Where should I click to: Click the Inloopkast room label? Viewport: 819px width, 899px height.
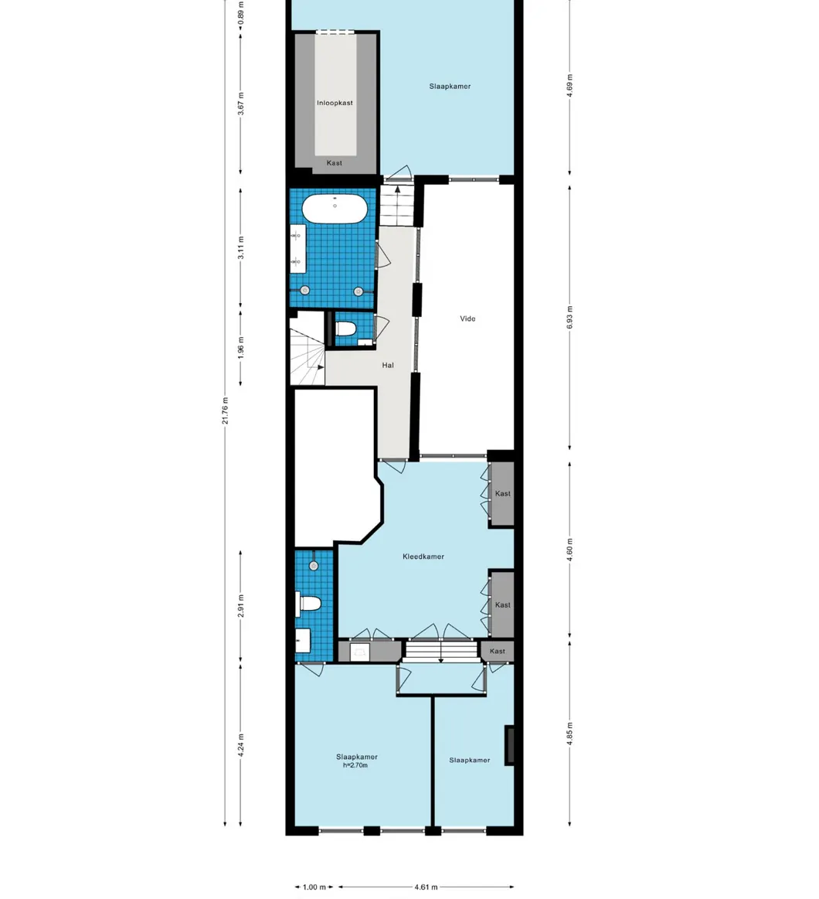tap(335, 103)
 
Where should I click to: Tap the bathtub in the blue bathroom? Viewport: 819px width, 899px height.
tap(335, 209)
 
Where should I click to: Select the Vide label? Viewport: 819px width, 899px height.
tap(467, 318)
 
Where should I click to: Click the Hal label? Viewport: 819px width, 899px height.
tap(388, 366)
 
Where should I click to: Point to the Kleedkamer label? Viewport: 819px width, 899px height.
tap(423, 557)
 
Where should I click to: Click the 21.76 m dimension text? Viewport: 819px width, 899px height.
tap(225, 410)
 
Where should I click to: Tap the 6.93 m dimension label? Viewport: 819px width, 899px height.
tap(570, 318)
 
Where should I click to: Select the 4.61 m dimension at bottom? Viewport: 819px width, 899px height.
tap(426, 887)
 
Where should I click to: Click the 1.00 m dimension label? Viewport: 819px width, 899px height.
tap(314, 887)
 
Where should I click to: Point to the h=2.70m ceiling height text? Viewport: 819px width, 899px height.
tap(356, 766)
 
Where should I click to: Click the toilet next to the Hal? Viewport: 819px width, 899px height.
tap(345, 329)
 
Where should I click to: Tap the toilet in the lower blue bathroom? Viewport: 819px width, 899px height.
tap(309, 604)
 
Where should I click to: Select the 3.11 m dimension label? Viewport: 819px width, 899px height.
tap(241, 248)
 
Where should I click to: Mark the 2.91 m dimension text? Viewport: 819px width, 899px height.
tap(241, 607)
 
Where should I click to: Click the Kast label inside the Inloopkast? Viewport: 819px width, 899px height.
tap(335, 163)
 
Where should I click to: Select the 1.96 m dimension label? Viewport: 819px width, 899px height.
tap(241, 347)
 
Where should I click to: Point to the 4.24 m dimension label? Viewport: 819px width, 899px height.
tap(241, 744)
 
